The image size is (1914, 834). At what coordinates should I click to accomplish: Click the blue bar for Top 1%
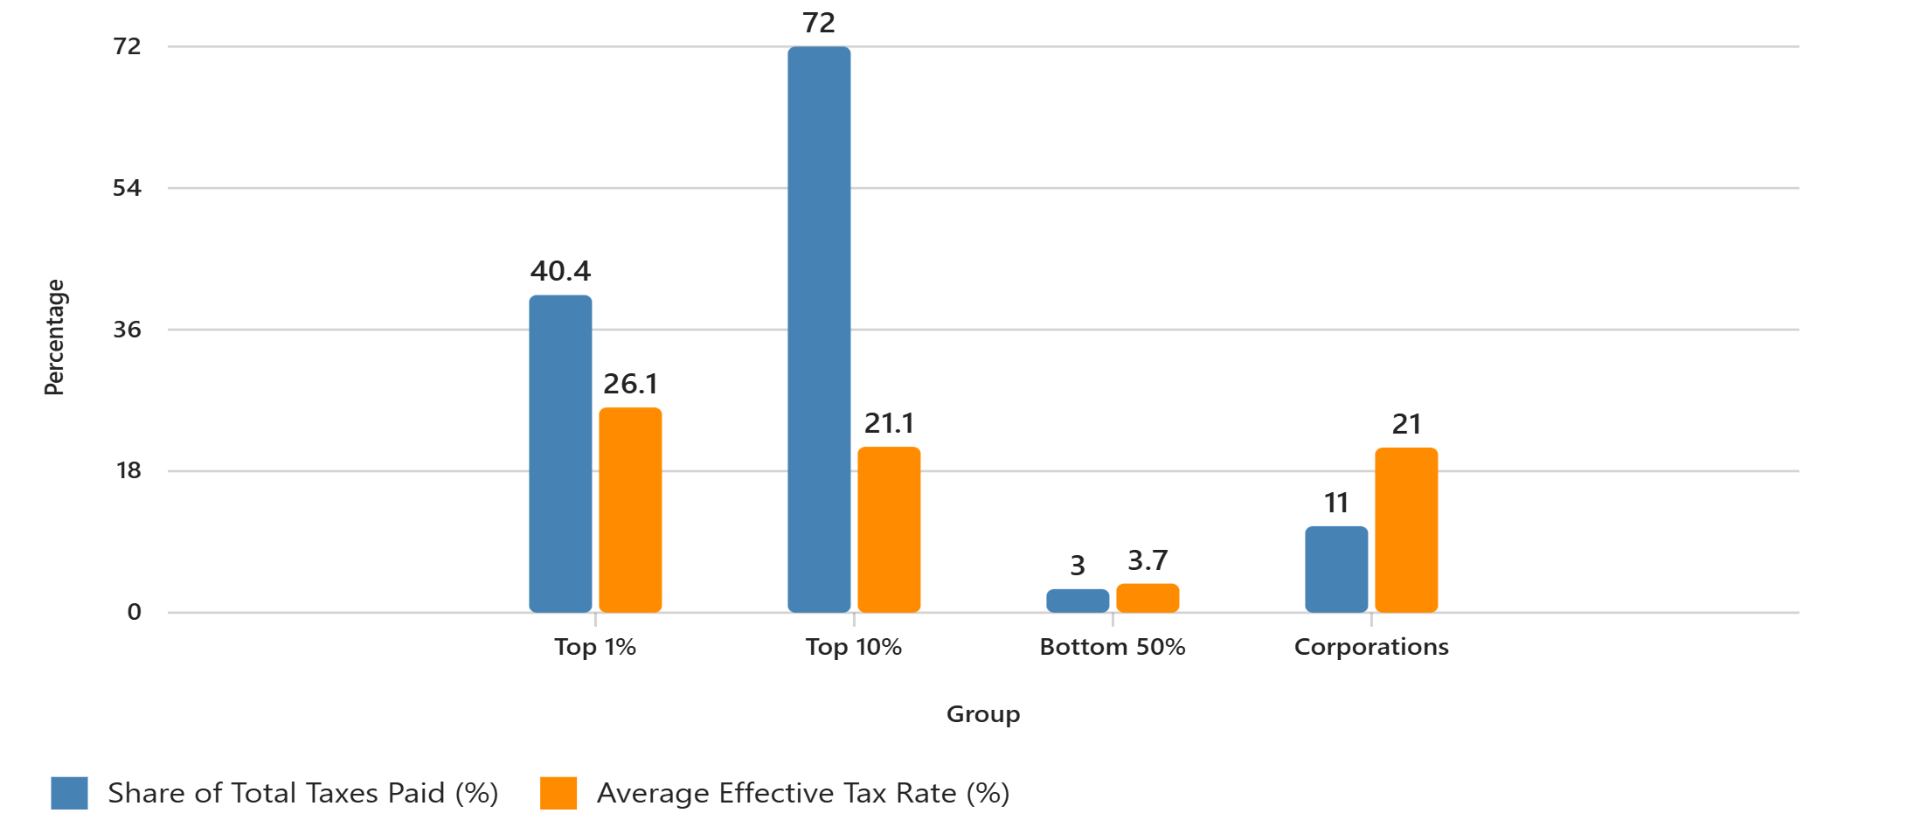[x=560, y=454]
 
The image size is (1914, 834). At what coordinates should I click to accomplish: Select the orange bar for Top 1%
[x=630, y=510]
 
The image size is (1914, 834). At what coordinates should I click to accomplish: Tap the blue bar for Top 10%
[x=819, y=330]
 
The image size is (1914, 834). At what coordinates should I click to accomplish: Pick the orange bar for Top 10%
[x=889, y=530]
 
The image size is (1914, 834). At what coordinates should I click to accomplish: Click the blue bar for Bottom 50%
[x=1078, y=601]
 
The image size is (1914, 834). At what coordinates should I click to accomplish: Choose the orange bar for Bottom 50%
[x=1148, y=598]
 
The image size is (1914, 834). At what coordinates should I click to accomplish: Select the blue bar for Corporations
[x=1336, y=569]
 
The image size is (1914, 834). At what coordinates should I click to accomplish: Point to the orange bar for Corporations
[x=1406, y=530]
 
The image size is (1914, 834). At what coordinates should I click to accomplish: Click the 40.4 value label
[x=560, y=271]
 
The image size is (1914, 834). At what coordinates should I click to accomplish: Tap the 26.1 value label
[x=630, y=384]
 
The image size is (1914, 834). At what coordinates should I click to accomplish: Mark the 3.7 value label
[x=1148, y=559]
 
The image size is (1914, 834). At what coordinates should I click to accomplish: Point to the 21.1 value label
[x=889, y=423]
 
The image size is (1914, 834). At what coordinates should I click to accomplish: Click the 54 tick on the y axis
[x=127, y=188]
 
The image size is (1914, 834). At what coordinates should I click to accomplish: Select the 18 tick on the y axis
[x=128, y=471]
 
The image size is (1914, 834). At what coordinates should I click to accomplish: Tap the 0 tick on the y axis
[x=134, y=612]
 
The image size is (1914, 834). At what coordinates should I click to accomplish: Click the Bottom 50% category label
[x=1113, y=647]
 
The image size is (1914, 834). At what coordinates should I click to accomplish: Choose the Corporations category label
[x=1371, y=647]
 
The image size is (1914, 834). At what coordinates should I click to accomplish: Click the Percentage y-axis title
[x=54, y=337]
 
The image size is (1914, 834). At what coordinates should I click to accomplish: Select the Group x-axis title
[x=983, y=714]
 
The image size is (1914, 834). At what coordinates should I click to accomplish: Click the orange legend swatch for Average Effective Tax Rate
[x=558, y=793]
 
